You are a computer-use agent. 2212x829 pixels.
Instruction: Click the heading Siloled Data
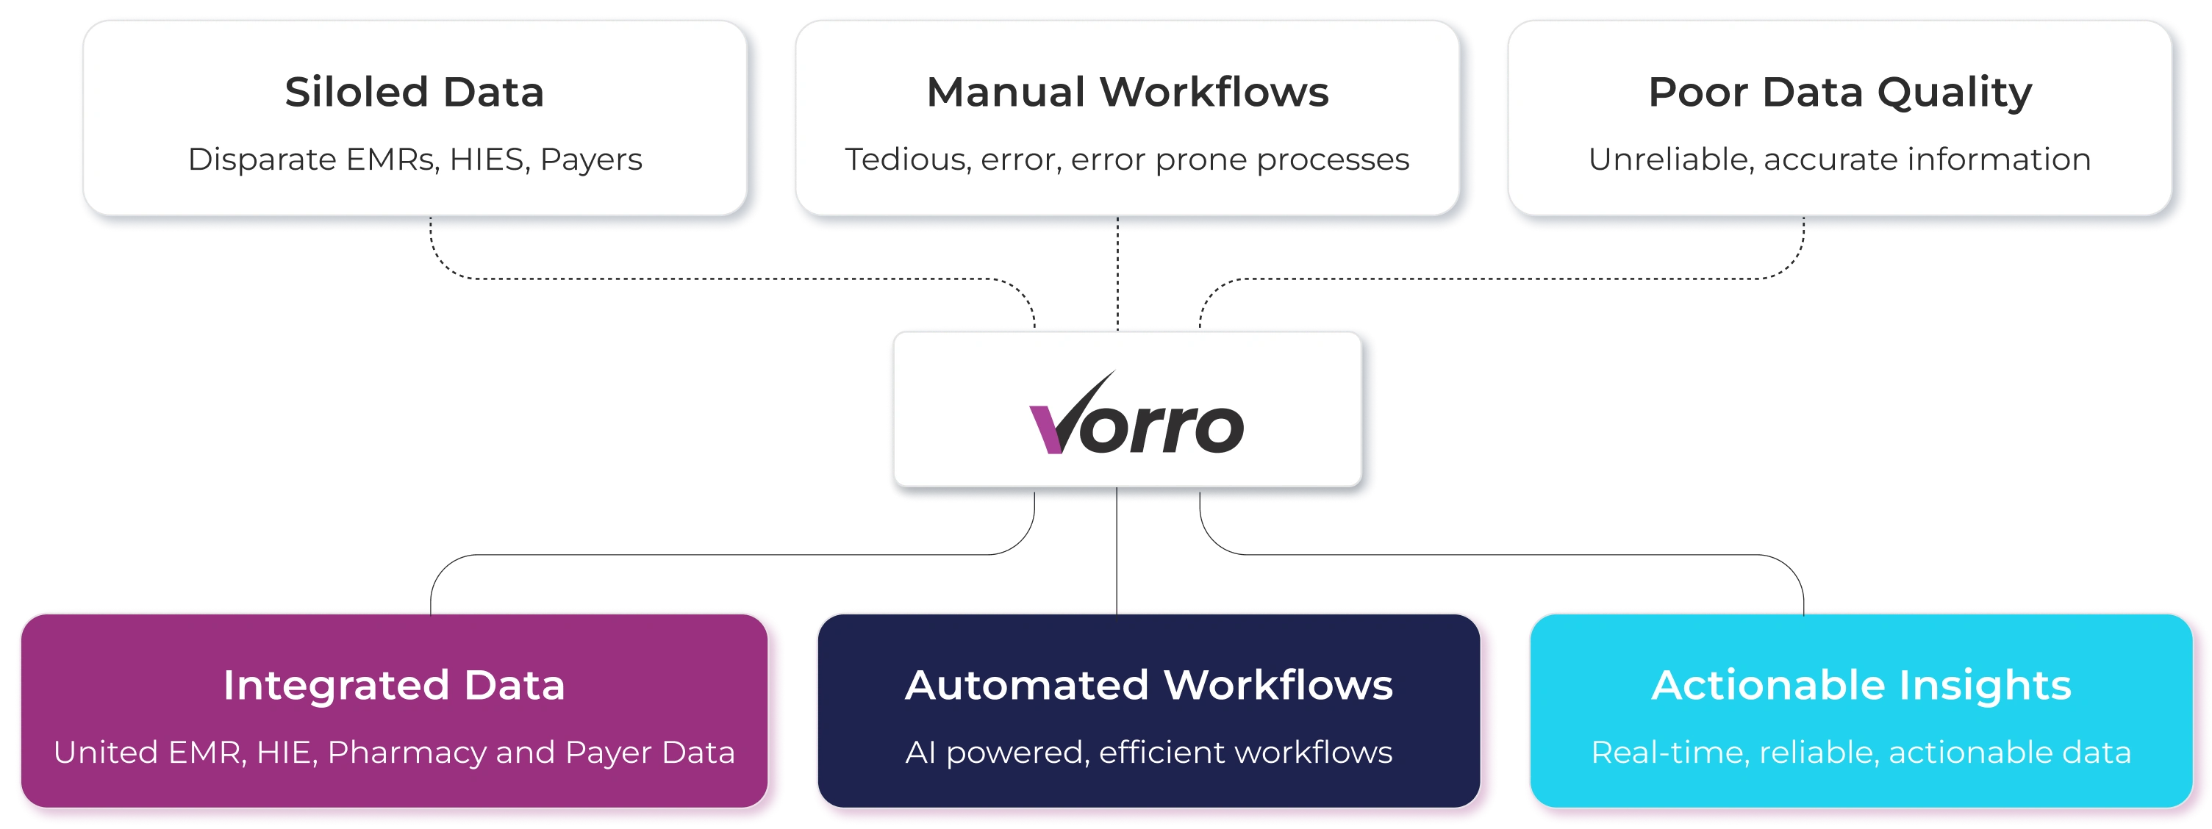pyautogui.click(x=414, y=92)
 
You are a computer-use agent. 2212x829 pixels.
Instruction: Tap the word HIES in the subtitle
pyautogui.click(x=487, y=159)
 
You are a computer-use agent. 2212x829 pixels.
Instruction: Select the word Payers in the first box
pyautogui.click(x=591, y=160)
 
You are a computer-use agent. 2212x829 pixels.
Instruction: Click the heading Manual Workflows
pyautogui.click(x=1127, y=92)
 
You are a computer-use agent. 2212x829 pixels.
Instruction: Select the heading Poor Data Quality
pyautogui.click(x=1839, y=93)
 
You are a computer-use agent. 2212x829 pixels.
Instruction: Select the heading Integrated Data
pyautogui.click(x=393, y=685)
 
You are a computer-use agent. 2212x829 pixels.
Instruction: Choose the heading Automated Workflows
pyautogui.click(x=1148, y=685)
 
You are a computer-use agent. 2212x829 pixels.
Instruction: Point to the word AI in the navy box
pyautogui.click(x=920, y=752)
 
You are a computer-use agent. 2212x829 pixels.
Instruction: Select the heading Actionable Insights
pyautogui.click(x=1861, y=685)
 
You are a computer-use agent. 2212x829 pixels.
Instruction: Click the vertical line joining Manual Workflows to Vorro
pyautogui.click(x=1117, y=275)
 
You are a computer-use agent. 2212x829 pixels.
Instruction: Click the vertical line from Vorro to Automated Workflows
pyautogui.click(x=1114, y=553)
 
